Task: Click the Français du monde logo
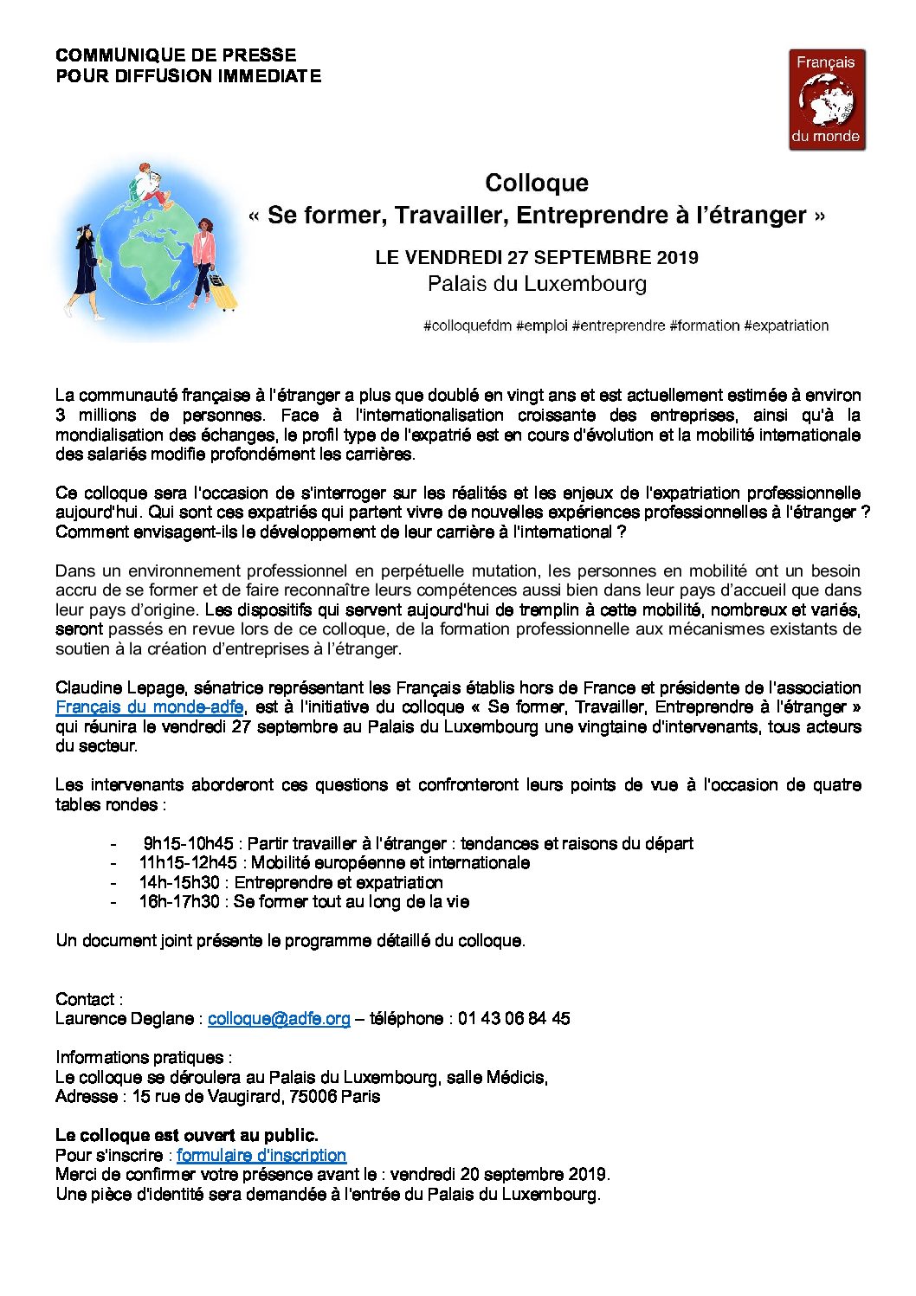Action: pyautogui.click(x=827, y=100)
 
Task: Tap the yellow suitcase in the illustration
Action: pyautogui.click(x=224, y=294)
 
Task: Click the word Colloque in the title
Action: pyautogui.click(x=537, y=183)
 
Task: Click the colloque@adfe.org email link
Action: pyautogui.click(x=279, y=1018)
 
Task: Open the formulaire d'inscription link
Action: pyautogui.click(x=261, y=1155)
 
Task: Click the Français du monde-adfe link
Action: pyautogui.click(x=150, y=706)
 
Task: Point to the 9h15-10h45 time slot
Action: pyautogui.click(x=188, y=843)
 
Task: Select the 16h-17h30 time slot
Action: pyautogui.click(x=179, y=901)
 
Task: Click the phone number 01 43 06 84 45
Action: pyautogui.click(x=513, y=1018)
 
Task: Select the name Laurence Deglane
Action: pyautogui.click(x=124, y=1018)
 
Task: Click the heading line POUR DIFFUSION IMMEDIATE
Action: pyautogui.click(x=188, y=76)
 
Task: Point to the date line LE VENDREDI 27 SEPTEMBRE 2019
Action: pyautogui.click(x=537, y=257)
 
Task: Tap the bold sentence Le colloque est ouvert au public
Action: pyautogui.click(x=187, y=1135)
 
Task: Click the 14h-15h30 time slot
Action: pyautogui.click(x=179, y=882)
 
